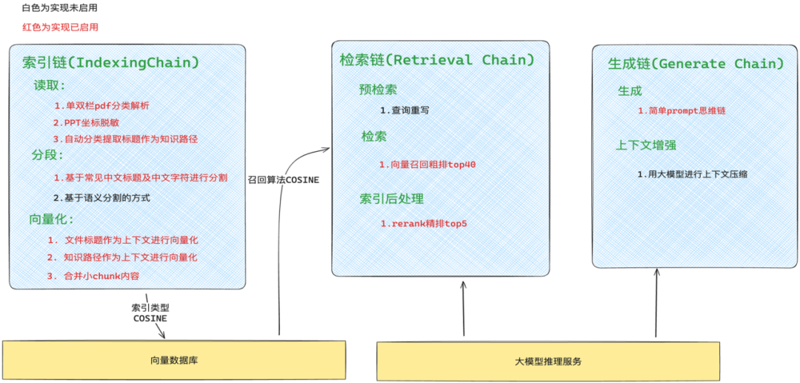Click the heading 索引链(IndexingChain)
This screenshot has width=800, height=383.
click(111, 62)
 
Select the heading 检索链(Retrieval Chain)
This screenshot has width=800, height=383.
click(437, 59)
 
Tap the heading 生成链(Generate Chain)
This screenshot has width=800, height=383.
click(696, 64)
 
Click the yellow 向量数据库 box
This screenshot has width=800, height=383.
click(174, 361)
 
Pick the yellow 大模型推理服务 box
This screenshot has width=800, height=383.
click(548, 362)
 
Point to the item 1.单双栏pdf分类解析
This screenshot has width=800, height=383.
click(101, 105)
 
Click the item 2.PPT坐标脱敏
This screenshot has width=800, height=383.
click(86, 122)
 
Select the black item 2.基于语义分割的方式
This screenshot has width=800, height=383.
click(106, 198)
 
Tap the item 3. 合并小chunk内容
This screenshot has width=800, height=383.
click(93, 276)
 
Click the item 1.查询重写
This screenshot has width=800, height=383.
click(404, 110)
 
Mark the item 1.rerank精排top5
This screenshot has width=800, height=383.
click(424, 224)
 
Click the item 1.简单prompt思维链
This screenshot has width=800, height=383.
click(681, 110)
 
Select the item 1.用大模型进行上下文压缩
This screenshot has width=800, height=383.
click(692, 174)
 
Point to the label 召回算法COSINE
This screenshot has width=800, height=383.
click(283, 179)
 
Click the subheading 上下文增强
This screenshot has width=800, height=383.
click(646, 145)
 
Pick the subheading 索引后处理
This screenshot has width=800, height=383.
click(392, 199)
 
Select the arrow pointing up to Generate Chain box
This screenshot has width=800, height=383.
click(656, 304)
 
